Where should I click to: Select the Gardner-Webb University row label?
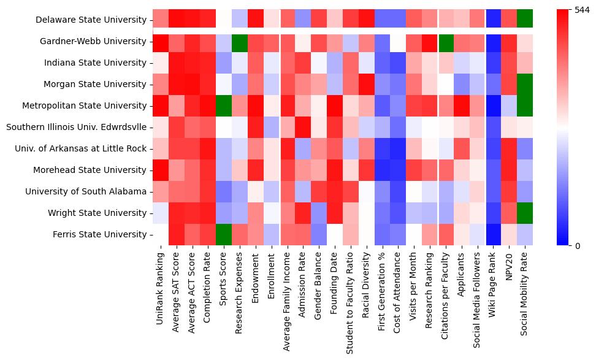tap(93, 42)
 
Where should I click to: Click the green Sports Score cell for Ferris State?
tap(224, 235)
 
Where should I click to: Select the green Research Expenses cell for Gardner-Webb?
tap(240, 42)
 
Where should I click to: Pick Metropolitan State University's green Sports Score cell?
tap(224, 106)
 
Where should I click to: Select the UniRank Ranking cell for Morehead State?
tap(161, 170)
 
